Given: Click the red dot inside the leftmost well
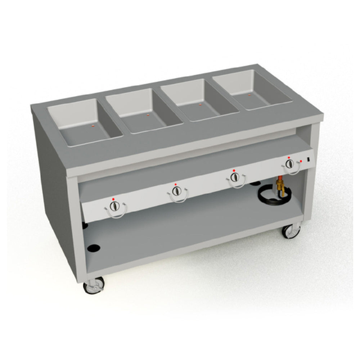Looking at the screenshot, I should [93, 126].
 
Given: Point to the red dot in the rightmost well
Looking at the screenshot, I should [249, 95].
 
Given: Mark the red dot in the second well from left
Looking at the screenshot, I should [148, 115].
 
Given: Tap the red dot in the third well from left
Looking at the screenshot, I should [200, 105].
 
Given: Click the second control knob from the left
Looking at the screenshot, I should [176, 191].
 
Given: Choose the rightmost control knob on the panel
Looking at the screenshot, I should [289, 164].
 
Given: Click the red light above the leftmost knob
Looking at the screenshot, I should [113, 199].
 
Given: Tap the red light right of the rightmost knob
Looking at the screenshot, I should [301, 161].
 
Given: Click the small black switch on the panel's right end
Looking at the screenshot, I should [309, 159].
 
